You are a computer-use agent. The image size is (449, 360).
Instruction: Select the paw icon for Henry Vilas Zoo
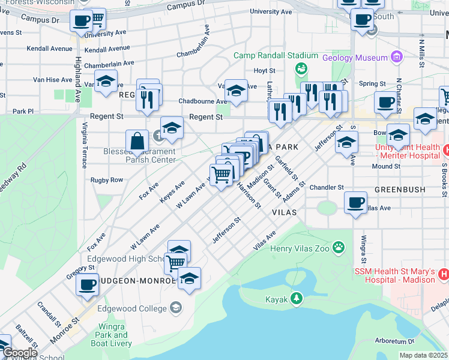(x=339, y=247)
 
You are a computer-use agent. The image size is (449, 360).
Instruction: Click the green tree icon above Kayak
(x=295, y=298)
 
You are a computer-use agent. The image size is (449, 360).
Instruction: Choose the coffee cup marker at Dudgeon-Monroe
(x=88, y=283)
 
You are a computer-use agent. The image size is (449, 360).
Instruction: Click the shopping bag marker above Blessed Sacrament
(x=137, y=141)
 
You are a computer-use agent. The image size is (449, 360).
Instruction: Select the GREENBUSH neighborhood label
(x=400, y=190)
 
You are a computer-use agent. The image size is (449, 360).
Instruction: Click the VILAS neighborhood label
(x=285, y=212)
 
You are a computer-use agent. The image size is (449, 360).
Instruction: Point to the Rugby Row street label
(x=106, y=180)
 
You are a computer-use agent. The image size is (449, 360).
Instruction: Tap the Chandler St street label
(x=327, y=187)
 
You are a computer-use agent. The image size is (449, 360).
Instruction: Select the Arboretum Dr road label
(x=420, y=341)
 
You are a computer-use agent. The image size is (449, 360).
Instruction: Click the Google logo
(x=19, y=353)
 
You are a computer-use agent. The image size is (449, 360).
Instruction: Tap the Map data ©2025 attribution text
(x=424, y=356)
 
